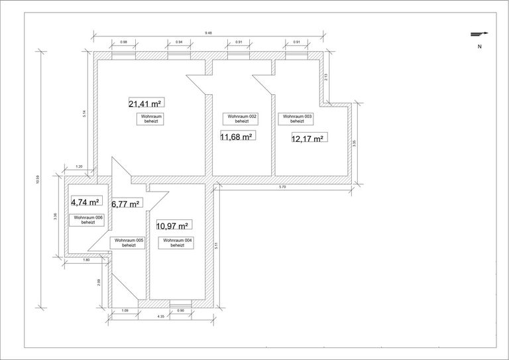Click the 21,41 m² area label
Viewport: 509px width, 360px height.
pyautogui.click(x=146, y=103)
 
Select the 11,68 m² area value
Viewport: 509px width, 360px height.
pyautogui.click(x=237, y=137)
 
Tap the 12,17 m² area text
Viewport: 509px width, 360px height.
pyautogui.click(x=308, y=139)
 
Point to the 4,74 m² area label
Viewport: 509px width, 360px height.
pyautogui.click(x=85, y=203)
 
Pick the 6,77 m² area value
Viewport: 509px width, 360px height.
pyautogui.click(x=125, y=204)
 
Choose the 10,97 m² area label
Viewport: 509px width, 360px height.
pyautogui.click(x=174, y=226)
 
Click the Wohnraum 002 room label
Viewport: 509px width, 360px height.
pyautogui.click(x=242, y=119)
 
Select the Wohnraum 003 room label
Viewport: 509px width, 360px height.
pyautogui.click(x=297, y=119)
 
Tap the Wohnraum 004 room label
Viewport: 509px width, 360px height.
pyautogui.click(x=177, y=243)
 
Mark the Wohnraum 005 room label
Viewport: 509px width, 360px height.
pyautogui.click(x=129, y=243)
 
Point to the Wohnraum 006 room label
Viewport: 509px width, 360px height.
pyautogui.click(x=88, y=220)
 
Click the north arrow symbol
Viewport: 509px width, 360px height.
pyautogui.click(x=479, y=34)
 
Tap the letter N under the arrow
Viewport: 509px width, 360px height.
pyautogui.click(x=479, y=47)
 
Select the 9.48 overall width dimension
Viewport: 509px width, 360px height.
pyautogui.click(x=208, y=32)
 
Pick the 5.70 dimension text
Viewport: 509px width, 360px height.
pyautogui.click(x=282, y=188)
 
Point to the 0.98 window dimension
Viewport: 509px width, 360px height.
pyautogui.click(x=123, y=42)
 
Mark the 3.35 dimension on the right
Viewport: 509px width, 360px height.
pyautogui.click(x=355, y=143)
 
